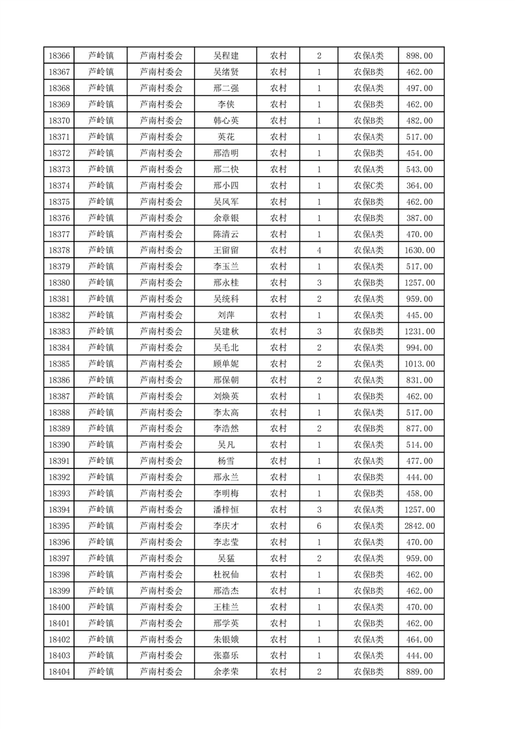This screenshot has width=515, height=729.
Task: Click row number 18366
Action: click(x=59, y=56)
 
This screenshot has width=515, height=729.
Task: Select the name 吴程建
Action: click(x=226, y=56)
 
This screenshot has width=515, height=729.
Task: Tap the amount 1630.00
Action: click(x=419, y=250)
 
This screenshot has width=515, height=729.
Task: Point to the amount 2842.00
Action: click(x=419, y=526)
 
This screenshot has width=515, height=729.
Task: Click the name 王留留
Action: click(x=226, y=250)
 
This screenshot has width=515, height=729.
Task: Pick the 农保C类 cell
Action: click(x=368, y=185)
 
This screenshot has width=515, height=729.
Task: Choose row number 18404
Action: click(x=59, y=672)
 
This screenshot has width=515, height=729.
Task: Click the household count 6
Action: click(x=319, y=526)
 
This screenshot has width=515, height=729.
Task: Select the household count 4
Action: click(x=319, y=250)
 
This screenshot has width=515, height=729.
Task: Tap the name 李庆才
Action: click(x=226, y=526)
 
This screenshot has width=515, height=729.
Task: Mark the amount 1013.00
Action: click(x=419, y=364)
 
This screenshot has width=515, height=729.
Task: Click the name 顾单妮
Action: click(x=226, y=364)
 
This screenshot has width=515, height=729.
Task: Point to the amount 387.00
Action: click(x=419, y=218)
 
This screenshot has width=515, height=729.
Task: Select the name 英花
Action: click(x=226, y=137)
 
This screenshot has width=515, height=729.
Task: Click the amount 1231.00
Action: click(x=419, y=331)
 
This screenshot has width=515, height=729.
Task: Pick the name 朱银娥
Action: click(x=226, y=639)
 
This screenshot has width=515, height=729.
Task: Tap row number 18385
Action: click(x=59, y=364)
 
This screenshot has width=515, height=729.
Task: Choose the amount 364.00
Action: click(x=419, y=185)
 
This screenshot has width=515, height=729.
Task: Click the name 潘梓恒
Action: click(x=226, y=509)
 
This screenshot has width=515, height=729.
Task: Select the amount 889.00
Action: click(x=419, y=672)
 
